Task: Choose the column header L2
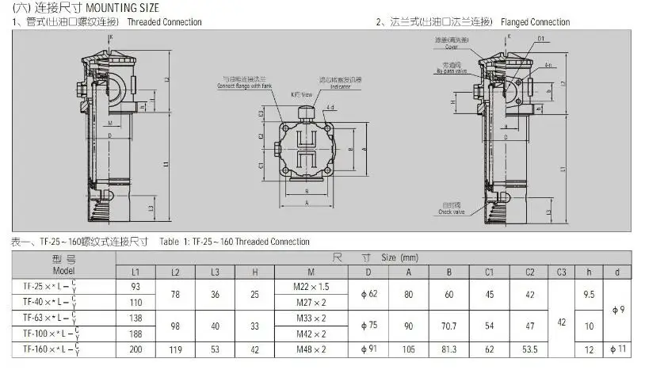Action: point(174,272)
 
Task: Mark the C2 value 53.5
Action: point(530,349)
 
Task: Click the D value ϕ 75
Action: point(368,325)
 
